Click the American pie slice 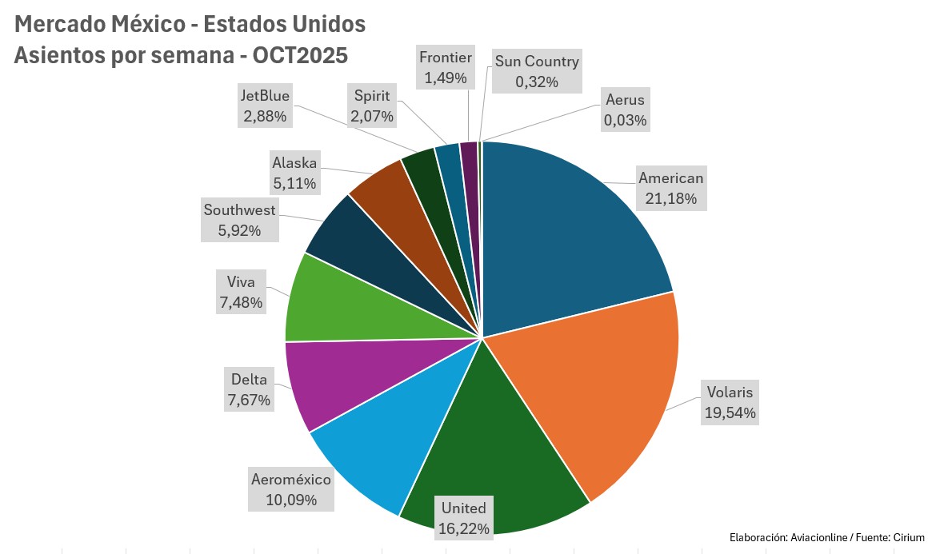coord(568,232)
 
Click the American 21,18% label coord(670,188)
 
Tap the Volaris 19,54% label coord(730,403)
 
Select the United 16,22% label coord(464,518)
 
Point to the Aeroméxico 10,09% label coord(291,490)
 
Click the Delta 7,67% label coord(249,389)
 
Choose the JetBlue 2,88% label coord(265,106)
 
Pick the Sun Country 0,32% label coord(536,71)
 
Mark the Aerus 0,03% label coord(625,110)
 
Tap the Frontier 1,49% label coord(446,68)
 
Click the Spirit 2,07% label coord(371,106)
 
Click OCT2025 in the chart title coord(300,56)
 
